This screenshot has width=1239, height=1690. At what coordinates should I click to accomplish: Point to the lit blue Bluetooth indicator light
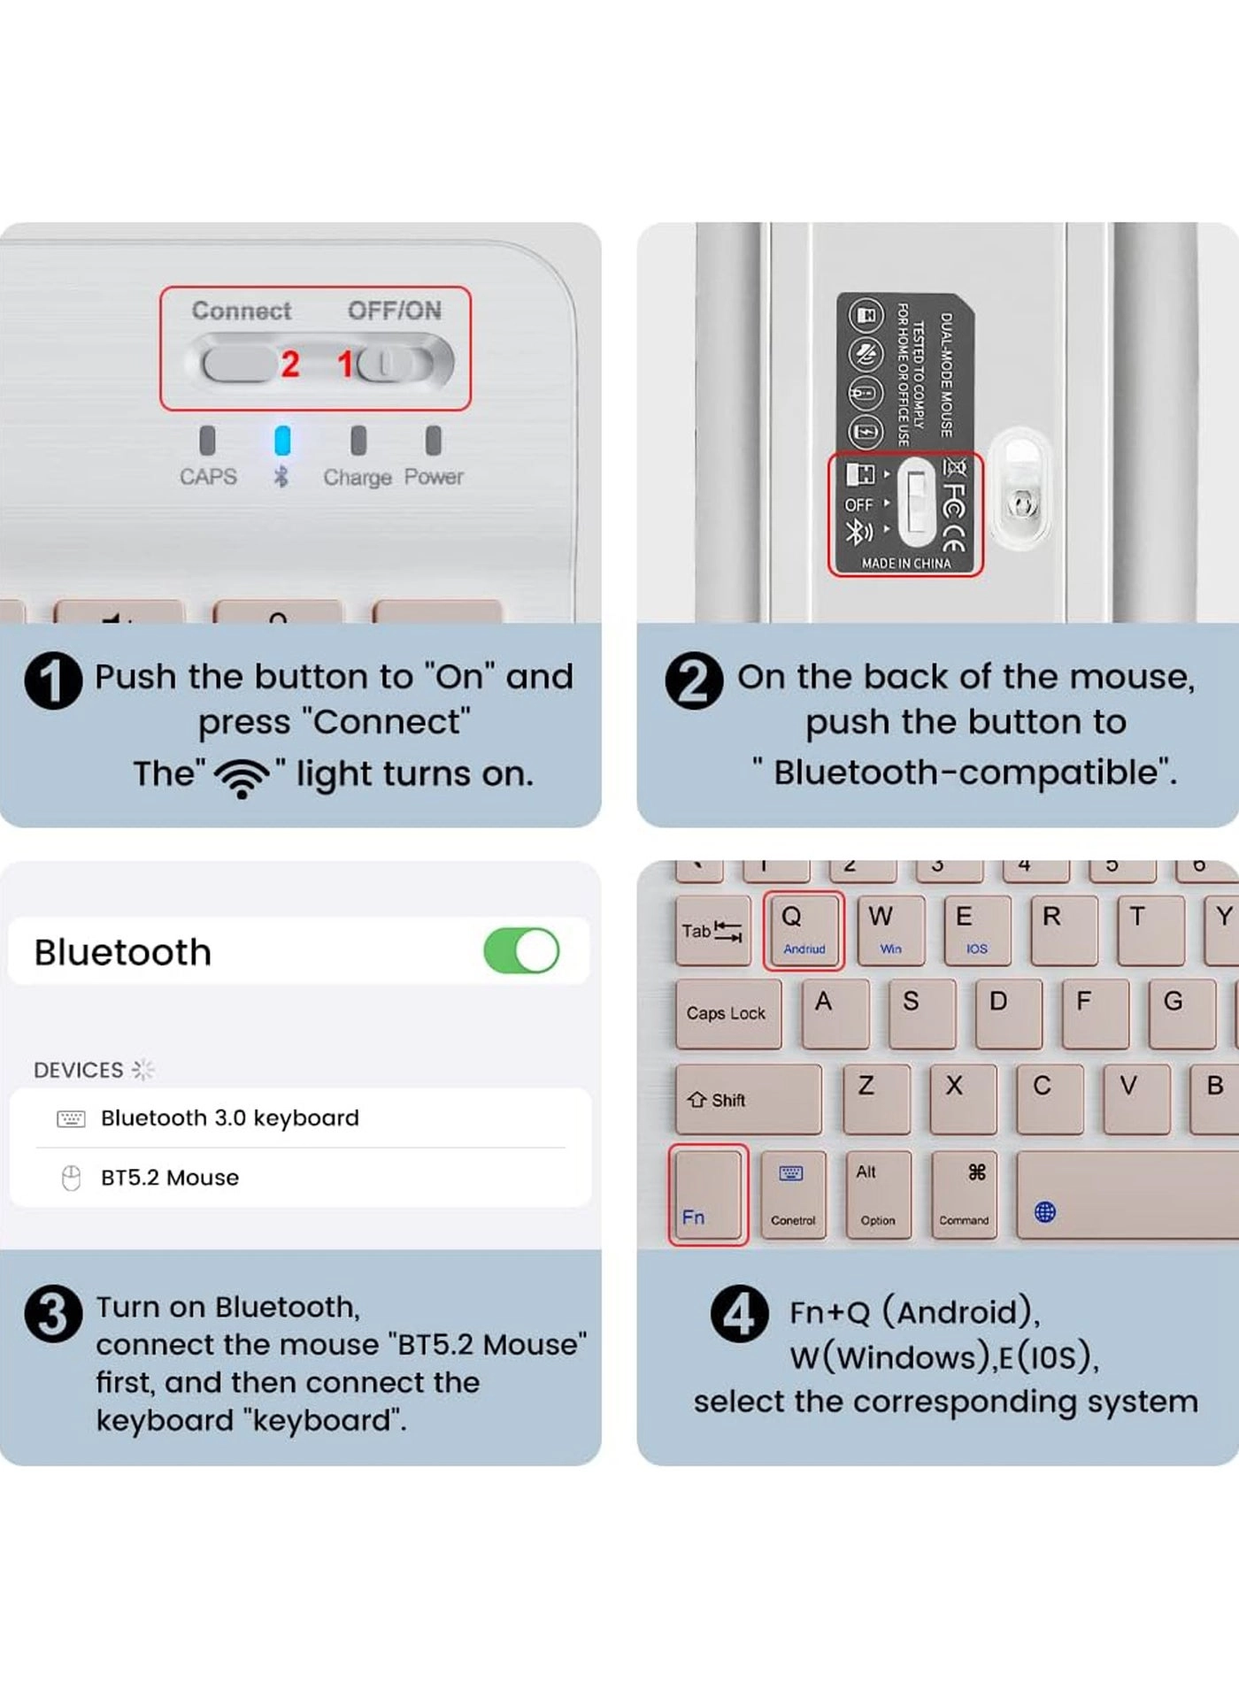point(282,440)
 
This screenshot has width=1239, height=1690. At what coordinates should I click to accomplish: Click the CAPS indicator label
point(208,477)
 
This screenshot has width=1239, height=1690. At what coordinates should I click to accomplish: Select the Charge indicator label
point(357,478)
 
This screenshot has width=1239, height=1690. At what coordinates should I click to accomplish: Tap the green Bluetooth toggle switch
point(521,951)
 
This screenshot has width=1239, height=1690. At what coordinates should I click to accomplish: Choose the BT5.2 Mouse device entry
point(169,1178)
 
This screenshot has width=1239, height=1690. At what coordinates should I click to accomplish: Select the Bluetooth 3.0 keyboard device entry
point(229,1118)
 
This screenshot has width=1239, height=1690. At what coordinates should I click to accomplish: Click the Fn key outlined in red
point(708,1195)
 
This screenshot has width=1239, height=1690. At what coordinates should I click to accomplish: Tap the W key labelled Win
point(889,929)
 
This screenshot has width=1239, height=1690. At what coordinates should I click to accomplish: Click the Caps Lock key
point(727,1013)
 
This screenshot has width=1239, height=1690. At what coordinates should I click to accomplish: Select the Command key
point(966,1195)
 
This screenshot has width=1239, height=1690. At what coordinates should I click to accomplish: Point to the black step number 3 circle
point(53,1315)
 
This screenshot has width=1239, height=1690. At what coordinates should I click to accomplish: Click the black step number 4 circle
point(739,1314)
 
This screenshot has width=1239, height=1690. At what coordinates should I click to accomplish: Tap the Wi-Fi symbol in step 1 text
point(242,776)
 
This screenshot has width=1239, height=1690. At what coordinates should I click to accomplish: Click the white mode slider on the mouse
point(916,503)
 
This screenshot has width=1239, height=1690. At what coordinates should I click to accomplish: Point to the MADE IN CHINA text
point(905,563)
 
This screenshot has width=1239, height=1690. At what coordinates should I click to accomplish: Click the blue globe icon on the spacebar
point(1044,1212)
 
